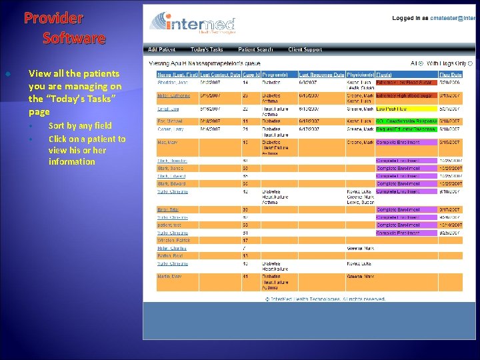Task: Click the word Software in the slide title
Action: [x=73, y=39]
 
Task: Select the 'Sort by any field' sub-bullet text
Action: [x=80, y=125]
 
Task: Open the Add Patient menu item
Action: [x=162, y=49]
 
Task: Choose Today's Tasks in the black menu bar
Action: [x=207, y=49]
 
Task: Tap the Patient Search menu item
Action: [x=255, y=49]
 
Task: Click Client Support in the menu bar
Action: [x=305, y=49]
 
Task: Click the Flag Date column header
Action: [x=451, y=75]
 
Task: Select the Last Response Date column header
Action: [x=321, y=75]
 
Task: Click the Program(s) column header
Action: [x=275, y=75]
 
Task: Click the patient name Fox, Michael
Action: [x=170, y=121]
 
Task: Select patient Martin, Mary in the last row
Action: [x=170, y=275]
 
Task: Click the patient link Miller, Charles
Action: [x=172, y=248]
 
